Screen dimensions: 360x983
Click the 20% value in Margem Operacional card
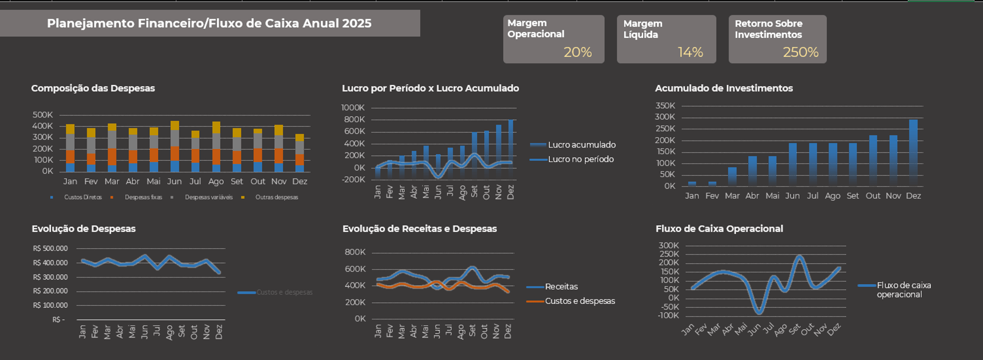click(x=578, y=52)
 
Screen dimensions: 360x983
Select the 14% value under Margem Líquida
click(x=690, y=52)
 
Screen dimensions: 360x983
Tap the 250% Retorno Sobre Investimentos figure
click(x=800, y=52)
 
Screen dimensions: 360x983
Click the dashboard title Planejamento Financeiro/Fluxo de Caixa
click(x=209, y=23)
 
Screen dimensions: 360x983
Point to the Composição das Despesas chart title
click(x=93, y=88)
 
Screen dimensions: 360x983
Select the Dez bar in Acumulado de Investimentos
click(x=913, y=152)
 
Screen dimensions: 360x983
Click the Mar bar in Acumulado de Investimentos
click(x=732, y=176)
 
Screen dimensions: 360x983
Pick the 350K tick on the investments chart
click(x=665, y=105)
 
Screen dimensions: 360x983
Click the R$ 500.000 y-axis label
click(x=50, y=248)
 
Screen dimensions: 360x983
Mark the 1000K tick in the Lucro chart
click(x=353, y=108)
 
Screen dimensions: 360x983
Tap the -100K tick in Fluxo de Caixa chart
click(x=669, y=315)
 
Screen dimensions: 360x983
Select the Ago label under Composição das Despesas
click(x=216, y=181)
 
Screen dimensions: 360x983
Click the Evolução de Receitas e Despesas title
click(x=419, y=228)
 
